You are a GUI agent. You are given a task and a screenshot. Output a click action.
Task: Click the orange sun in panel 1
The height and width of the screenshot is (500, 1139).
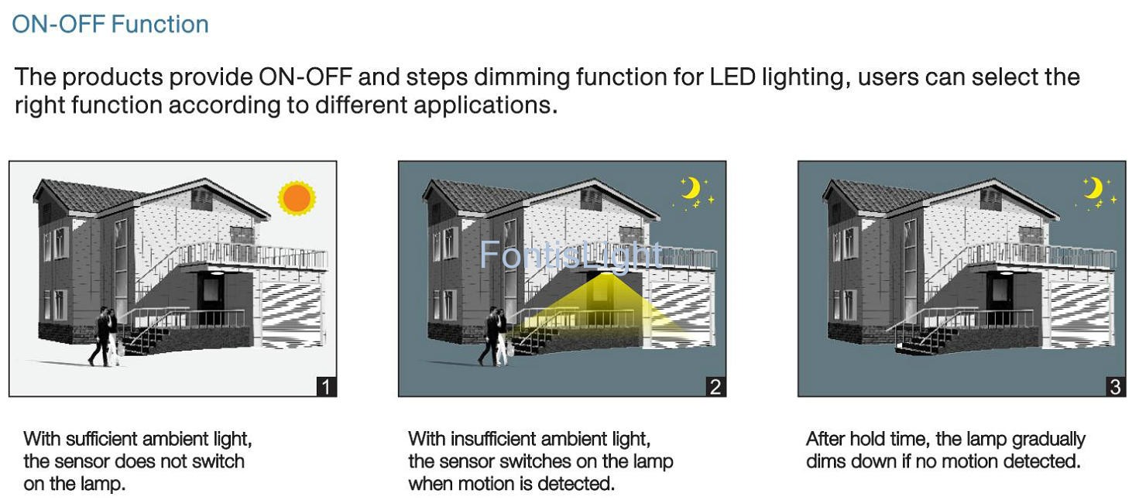click(x=297, y=197)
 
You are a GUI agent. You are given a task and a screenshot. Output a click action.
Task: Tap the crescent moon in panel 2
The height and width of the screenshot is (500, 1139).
click(x=691, y=188)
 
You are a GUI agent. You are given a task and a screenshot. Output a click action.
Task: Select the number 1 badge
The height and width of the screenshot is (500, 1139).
click(x=326, y=387)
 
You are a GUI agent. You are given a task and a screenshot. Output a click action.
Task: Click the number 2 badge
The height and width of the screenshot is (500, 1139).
click(x=715, y=387)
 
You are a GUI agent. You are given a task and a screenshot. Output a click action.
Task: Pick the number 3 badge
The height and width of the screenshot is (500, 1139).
click(x=1115, y=387)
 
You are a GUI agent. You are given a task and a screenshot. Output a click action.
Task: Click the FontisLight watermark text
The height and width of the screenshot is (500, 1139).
click(x=571, y=255)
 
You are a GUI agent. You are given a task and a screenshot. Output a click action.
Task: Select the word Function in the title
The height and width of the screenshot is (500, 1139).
click(x=160, y=25)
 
